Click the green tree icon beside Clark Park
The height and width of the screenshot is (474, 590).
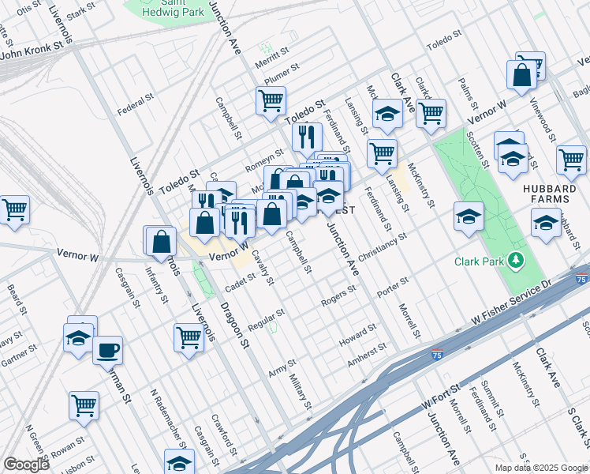pyautogui.click(x=516, y=260)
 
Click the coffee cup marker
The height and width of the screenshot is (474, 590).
pyautogui.click(x=108, y=350)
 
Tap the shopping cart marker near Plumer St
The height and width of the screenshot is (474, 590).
pyautogui.click(x=270, y=102)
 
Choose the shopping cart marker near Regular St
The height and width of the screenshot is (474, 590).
pyautogui.click(x=189, y=337)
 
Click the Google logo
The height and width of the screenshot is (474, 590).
pyautogui.click(x=26, y=465)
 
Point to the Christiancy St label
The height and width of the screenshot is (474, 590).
pyautogui.click(x=382, y=247)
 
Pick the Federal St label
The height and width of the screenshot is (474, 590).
pyautogui.click(x=135, y=100)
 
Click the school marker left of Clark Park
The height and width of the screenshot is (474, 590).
pyautogui.click(x=469, y=217)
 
